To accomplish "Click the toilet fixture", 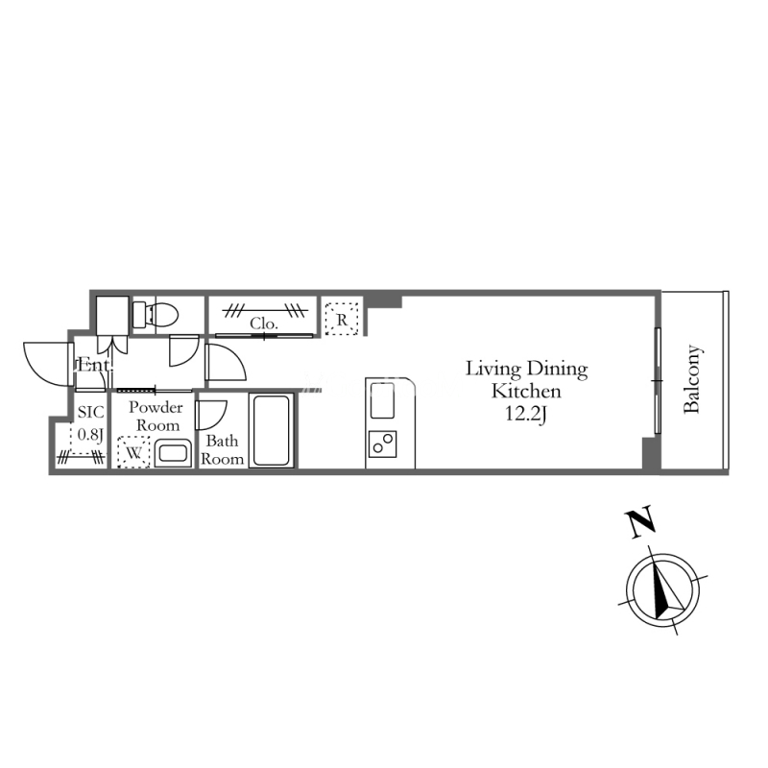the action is [155, 315].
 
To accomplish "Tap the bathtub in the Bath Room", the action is [272, 430].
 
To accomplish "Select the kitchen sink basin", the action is [382, 400].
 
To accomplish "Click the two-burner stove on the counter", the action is [382, 444].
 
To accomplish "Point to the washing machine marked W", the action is [133, 452].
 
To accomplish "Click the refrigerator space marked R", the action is [342, 320].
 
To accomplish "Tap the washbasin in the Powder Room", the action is [173, 452].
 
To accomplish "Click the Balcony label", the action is [692, 379].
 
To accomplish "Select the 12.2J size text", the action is [525, 415].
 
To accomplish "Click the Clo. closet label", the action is [263, 324].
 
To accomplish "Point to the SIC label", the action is [90, 412].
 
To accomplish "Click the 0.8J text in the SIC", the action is [90, 434].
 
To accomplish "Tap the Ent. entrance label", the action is [93, 365].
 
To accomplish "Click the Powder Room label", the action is [156, 417].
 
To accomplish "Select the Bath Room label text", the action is [222, 449].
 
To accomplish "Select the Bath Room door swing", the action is [211, 415].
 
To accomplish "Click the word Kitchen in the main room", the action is [526, 392].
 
